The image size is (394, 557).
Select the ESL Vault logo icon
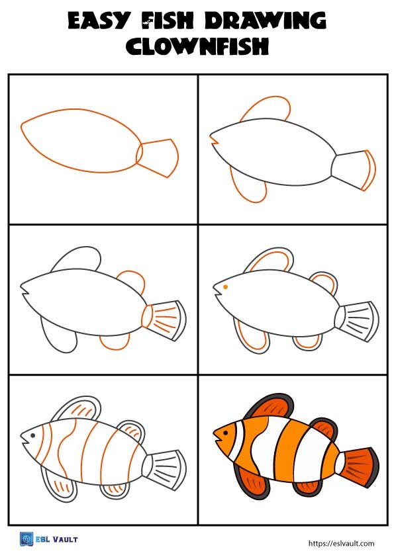26,540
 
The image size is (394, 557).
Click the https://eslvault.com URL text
342,543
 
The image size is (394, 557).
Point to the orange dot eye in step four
226,287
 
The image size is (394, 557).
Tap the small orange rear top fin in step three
130,281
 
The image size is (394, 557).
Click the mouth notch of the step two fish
215,140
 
